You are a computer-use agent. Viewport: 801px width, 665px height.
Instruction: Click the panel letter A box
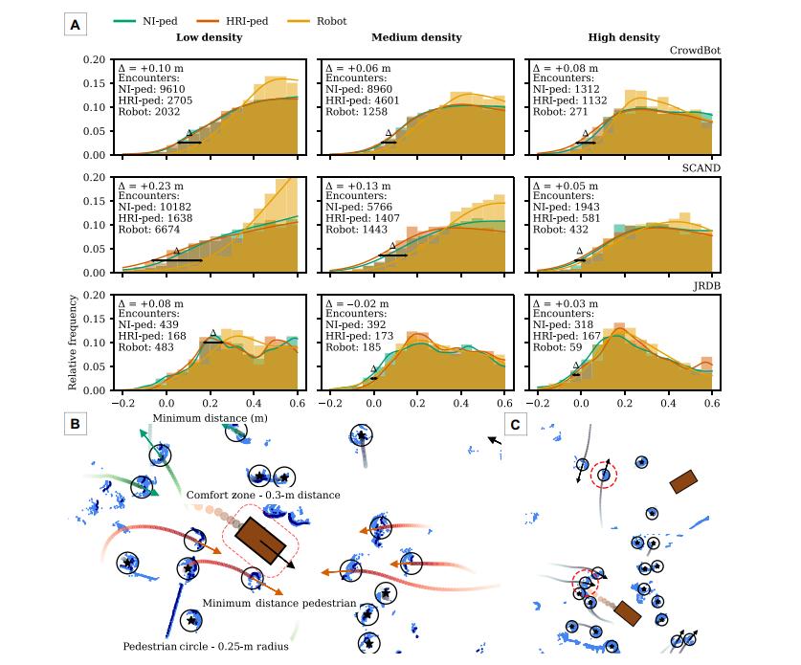[75, 25]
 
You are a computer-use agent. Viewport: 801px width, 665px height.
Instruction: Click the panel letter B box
[75, 424]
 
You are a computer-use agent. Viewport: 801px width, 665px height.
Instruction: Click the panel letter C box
[516, 425]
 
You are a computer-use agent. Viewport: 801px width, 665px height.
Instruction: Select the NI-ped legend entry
[145, 21]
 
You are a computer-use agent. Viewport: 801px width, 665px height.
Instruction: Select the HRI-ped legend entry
[233, 21]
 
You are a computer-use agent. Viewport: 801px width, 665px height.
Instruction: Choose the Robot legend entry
[317, 21]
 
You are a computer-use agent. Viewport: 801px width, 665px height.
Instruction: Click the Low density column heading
[209, 37]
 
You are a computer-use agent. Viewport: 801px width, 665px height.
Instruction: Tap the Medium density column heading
[416, 37]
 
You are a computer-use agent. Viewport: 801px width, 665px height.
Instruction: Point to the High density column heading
[624, 37]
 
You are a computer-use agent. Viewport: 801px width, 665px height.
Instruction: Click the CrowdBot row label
[695, 51]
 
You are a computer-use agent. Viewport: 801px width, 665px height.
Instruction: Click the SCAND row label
[701, 168]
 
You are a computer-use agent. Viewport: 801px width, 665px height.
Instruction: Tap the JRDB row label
[706, 286]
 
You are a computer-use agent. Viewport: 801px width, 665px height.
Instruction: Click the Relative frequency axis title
[72, 343]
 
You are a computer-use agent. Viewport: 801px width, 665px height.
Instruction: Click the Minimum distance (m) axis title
[210, 418]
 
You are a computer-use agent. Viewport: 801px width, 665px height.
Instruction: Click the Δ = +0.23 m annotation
[150, 186]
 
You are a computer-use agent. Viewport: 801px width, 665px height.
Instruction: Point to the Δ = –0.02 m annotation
[357, 303]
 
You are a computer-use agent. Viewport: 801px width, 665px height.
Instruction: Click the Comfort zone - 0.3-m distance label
[263, 495]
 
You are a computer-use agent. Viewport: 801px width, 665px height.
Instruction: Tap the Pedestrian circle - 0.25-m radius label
[206, 646]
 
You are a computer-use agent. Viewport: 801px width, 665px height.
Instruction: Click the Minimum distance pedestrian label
[279, 603]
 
